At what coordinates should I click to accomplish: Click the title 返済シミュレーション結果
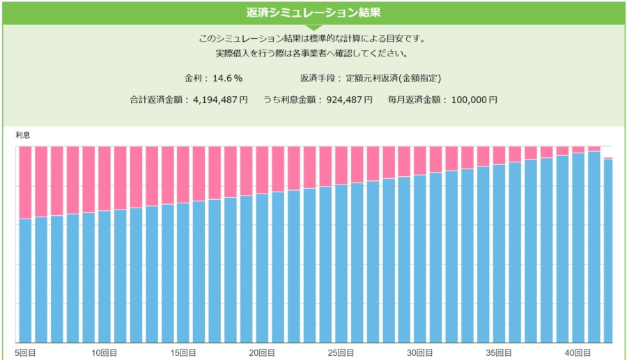(x=313, y=13)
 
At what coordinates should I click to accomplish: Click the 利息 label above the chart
(x=22, y=134)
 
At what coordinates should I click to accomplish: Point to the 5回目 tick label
(x=26, y=353)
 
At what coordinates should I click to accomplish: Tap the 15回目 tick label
(x=183, y=353)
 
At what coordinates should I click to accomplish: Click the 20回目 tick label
(x=263, y=353)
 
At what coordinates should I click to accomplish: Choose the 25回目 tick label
(x=341, y=353)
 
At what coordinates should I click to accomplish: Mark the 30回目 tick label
(x=420, y=353)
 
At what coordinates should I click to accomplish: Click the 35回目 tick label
(x=500, y=353)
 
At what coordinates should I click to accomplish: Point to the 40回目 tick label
(x=578, y=353)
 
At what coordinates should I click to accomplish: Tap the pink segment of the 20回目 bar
(x=263, y=170)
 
